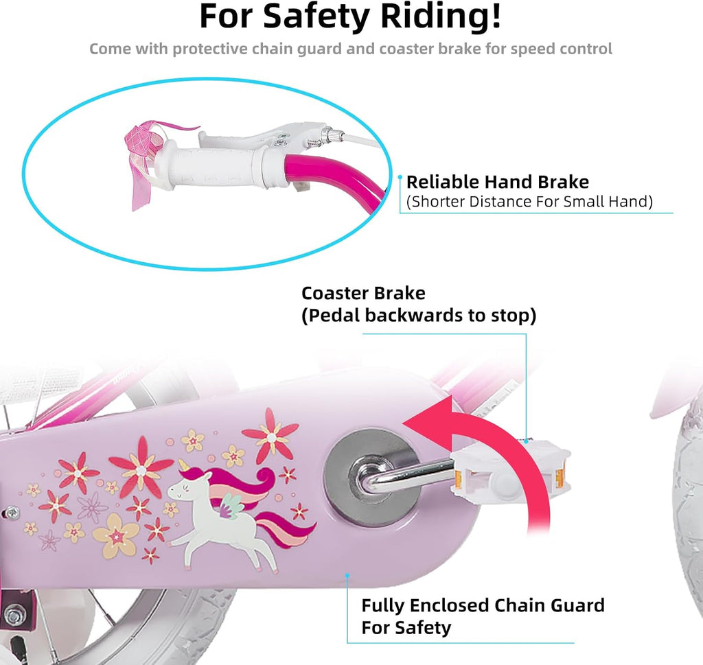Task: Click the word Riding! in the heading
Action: coord(440,16)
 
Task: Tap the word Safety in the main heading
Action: coord(316,17)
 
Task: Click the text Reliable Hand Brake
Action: coord(498,182)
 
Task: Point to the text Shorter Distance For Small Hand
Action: coord(529,202)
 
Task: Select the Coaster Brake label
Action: coord(363,293)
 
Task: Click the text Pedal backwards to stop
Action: coord(419,316)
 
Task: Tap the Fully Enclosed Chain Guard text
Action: coord(483,605)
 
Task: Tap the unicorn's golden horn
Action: coord(184,465)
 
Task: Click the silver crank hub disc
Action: coord(371,477)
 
